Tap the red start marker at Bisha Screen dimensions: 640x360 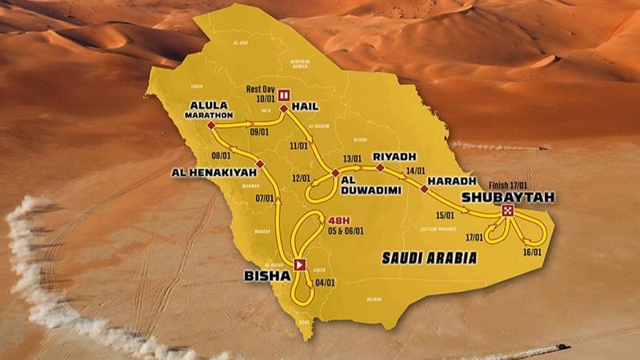pyautogui.click(x=300, y=265)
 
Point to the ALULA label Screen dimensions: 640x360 pyautogui.click(x=210, y=105)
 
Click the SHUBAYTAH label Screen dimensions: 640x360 pyautogui.click(x=506, y=196)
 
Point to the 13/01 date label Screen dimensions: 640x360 pyautogui.click(x=352, y=158)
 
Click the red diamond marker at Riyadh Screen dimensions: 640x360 pyautogui.click(x=380, y=168)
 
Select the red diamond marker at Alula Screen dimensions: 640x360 pyautogui.click(x=210, y=126)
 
